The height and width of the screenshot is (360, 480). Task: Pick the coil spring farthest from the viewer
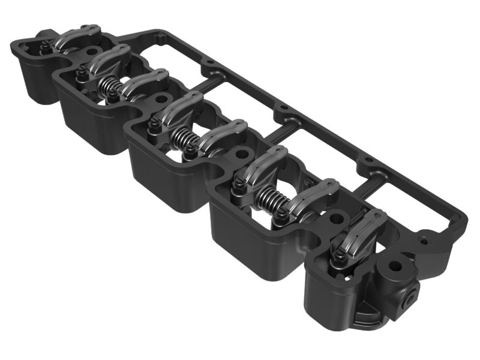(110, 88)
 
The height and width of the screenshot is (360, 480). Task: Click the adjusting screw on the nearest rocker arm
(340, 256)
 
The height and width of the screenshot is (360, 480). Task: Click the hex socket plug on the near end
(412, 295)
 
